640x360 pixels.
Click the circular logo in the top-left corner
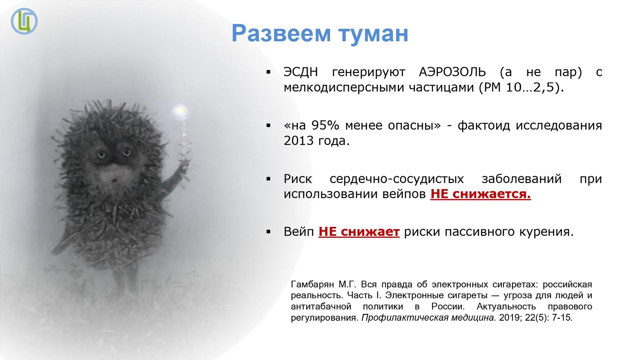pyautogui.click(x=24, y=21)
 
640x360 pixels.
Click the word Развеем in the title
pyautogui.click(x=281, y=33)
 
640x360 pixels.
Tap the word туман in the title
pyautogui.click(x=373, y=34)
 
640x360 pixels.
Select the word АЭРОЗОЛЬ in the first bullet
pyautogui.click(x=452, y=72)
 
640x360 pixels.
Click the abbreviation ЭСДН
pyautogui.click(x=300, y=72)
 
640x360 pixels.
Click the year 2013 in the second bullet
pyautogui.click(x=297, y=141)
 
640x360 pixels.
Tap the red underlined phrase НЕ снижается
pyautogui.click(x=480, y=194)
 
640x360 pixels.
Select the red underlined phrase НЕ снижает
pyautogui.click(x=359, y=232)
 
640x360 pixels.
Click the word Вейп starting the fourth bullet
pyautogui.click(x=299, y=232)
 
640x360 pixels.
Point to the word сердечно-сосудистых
pyautogui.click(x=396, y=179)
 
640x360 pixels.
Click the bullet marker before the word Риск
pyautogui.click(x=268, y=179)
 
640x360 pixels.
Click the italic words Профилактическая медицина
pyautogui.click(x=429, y=318)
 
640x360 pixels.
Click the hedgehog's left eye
pyautogui.click(x=101, y=155)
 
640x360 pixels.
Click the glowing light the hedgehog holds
pyautogui.click(x=180, y=110)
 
